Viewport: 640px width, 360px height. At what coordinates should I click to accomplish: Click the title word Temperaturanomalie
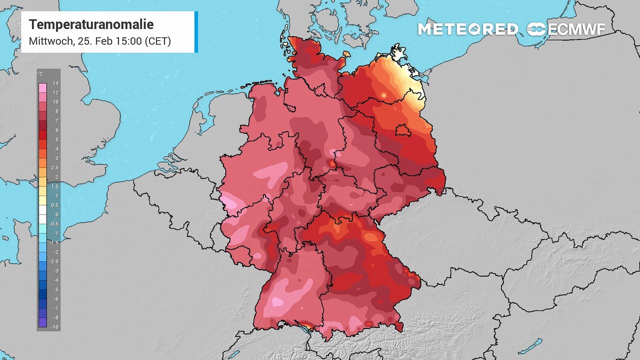tap(91, 24)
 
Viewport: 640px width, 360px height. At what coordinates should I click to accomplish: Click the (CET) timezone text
tap(157, 41)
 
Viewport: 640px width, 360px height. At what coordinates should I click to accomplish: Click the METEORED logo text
tap(467, 29)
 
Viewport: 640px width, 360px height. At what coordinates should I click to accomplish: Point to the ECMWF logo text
tap(576, 29)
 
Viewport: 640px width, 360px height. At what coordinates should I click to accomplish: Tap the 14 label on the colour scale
tap(55, 83)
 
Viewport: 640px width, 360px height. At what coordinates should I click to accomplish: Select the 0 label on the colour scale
tap(55, 214)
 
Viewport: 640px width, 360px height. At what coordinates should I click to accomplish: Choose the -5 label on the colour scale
tap(56, 289)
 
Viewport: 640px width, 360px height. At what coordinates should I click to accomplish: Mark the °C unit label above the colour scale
tap(40, 74)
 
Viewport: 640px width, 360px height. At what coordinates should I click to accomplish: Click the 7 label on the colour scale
tap(55, 121)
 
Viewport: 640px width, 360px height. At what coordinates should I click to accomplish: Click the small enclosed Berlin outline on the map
tap(402, 130)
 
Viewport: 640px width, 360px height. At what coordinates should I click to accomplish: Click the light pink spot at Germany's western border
tap(229, 202)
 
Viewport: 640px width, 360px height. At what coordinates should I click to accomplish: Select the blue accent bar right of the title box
tap(196, 32)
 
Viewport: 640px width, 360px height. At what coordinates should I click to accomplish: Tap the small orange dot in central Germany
tap(332, 162)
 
